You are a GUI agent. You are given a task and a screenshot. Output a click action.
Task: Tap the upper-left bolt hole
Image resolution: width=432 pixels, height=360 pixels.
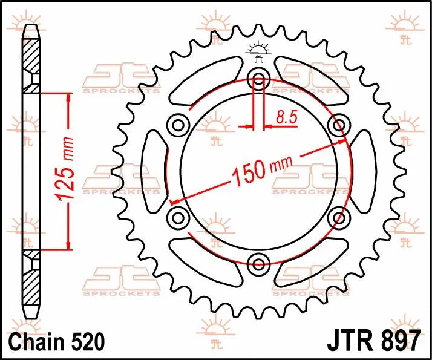[179, 125]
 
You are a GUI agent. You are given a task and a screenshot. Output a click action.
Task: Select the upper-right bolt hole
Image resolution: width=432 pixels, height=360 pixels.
[338, 125]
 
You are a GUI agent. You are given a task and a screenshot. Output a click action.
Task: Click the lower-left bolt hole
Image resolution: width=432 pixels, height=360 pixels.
[179, 216]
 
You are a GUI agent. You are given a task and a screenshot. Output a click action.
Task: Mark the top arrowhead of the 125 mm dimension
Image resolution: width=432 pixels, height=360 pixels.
[68, 97]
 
